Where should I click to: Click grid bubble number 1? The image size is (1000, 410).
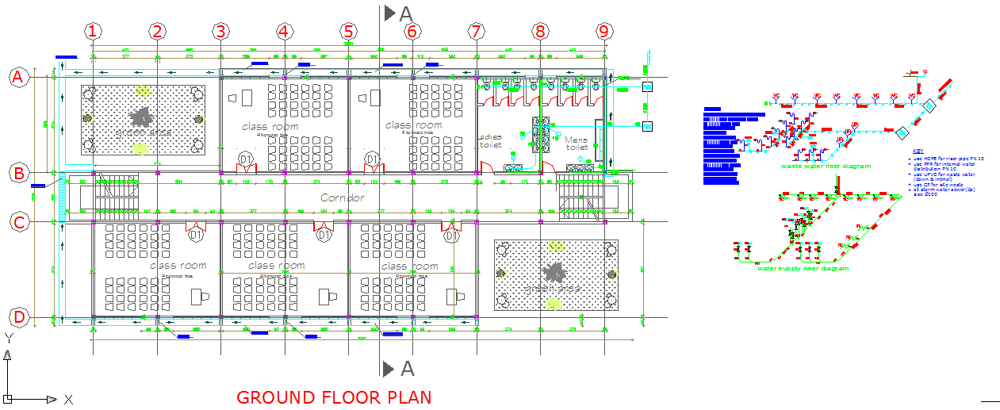(x=94, y=31)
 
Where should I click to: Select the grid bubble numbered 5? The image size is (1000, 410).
(x=348, y=31)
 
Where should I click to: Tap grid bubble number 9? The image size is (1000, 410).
(x=605, y=31)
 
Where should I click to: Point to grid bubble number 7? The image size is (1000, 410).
(x=476, y=31)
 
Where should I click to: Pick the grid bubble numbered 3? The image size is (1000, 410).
(x=220, y=31)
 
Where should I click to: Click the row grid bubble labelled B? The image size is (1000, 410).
(x=18, y=173)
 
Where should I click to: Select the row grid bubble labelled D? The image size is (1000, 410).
(x=18, y=318)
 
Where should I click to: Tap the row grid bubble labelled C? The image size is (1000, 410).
(x=18, y=222)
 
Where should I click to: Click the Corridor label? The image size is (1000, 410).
(x=343, y=197)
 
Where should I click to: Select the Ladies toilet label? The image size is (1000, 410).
(x=490, y=140)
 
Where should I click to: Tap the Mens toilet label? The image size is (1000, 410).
(x=577, y=144)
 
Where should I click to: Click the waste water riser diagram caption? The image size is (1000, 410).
(x=826, y=167)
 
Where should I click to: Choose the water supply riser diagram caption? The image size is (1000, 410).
(x=802, y=269)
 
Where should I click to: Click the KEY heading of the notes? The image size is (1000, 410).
(x=918, y=151)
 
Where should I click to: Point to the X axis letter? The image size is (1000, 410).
(x=69, y=400)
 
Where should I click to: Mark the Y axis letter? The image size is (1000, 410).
(x=7, y=338)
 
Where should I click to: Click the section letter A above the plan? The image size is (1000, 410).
(x=406, y=13)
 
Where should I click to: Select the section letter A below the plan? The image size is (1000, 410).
(x=407, y=368)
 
